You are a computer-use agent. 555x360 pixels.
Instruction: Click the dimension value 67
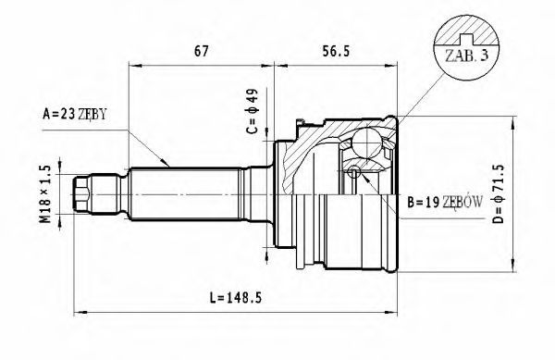tap(201, 51)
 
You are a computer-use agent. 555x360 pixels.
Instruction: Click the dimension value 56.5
tap(336, 51)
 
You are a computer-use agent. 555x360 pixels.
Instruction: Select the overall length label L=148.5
tap(235, 298)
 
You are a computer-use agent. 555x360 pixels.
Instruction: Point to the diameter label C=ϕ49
tap(253, 111)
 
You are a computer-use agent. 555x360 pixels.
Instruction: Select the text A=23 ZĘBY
tap(74, 114)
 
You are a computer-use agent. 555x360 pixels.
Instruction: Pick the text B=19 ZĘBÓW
tap(445, 203)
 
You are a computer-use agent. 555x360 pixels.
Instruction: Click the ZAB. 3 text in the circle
tap(466, 56)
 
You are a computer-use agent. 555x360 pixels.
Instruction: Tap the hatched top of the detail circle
tap(466, 31)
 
